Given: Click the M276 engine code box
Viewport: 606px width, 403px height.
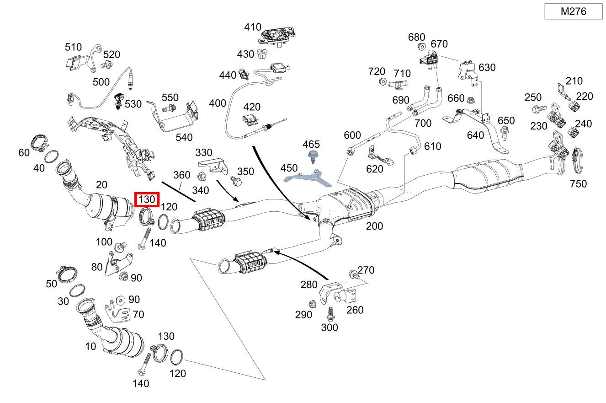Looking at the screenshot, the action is (x=574, y=11).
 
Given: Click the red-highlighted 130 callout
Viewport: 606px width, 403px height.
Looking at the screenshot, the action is (x=147, y=199).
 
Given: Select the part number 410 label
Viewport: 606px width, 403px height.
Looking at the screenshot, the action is (x=252, y=27).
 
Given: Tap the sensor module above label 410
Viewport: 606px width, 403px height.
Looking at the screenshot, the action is (x=276, y=37).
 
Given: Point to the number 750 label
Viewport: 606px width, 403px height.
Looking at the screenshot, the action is (x=578, y=184).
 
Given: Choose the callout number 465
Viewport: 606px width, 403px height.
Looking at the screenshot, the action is (x=311, y=144).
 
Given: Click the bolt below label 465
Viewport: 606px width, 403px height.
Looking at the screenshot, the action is (x=313, y=157).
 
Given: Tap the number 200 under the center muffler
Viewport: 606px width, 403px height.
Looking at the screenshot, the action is (x=374, y=226).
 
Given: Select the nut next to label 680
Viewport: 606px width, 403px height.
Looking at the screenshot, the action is (x=421, y=47).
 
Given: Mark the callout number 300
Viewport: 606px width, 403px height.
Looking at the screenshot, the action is (x=329, y=328).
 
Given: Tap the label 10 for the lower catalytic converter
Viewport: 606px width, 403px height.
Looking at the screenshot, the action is (x=90, y=346).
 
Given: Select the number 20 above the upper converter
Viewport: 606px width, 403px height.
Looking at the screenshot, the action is (x=101, y=184).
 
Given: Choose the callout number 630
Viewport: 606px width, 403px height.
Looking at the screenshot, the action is (x=487, y=68).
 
